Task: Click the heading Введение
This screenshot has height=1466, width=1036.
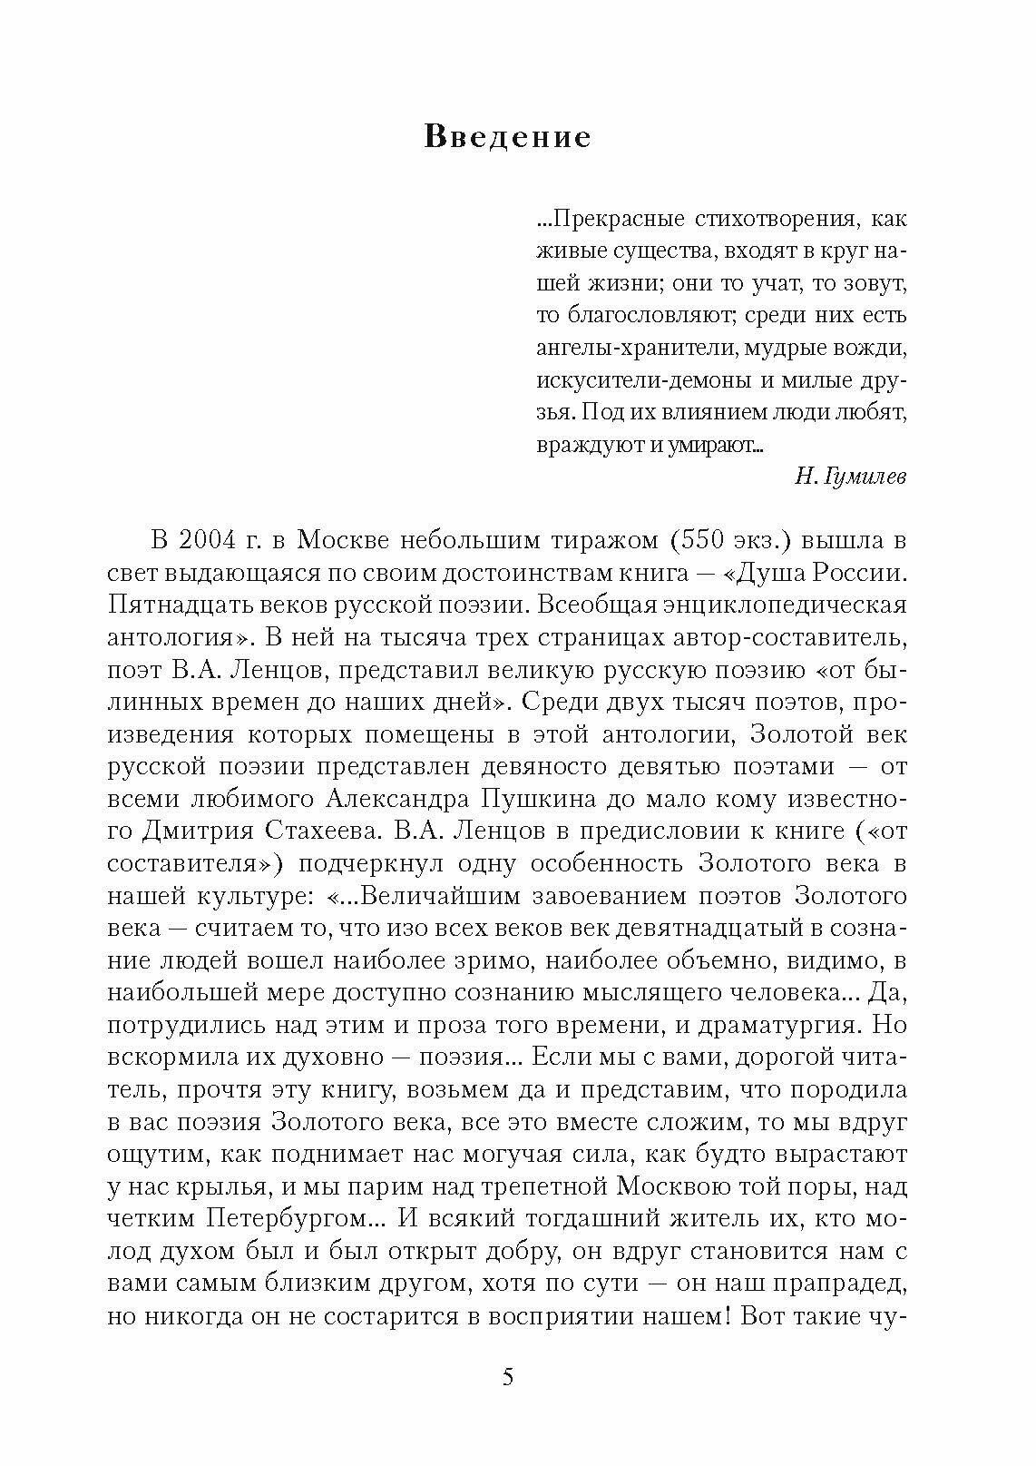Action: [507, 137]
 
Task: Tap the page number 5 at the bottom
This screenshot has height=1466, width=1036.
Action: [508, 1377]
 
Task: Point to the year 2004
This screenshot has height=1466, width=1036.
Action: [212, 540]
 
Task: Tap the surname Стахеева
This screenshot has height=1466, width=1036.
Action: [314, 830]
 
